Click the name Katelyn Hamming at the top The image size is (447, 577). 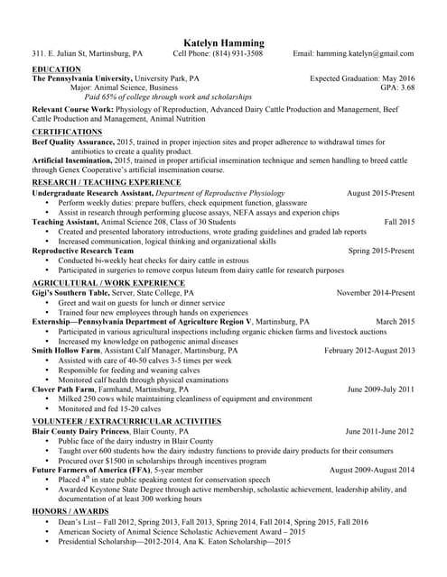click(224, 42)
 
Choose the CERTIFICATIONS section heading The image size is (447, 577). click(67, 132)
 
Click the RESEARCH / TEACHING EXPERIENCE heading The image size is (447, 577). click(107, 182)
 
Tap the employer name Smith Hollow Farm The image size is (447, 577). click(66, 350)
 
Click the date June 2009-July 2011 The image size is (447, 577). click(380, 389)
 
